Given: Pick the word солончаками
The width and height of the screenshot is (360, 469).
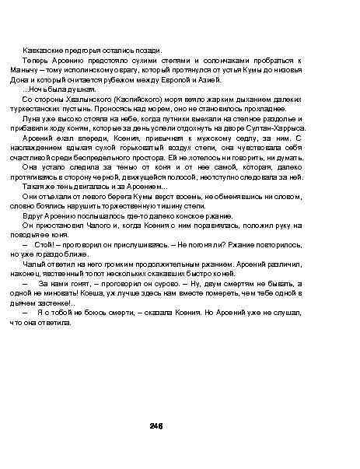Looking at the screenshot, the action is point(252,60).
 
